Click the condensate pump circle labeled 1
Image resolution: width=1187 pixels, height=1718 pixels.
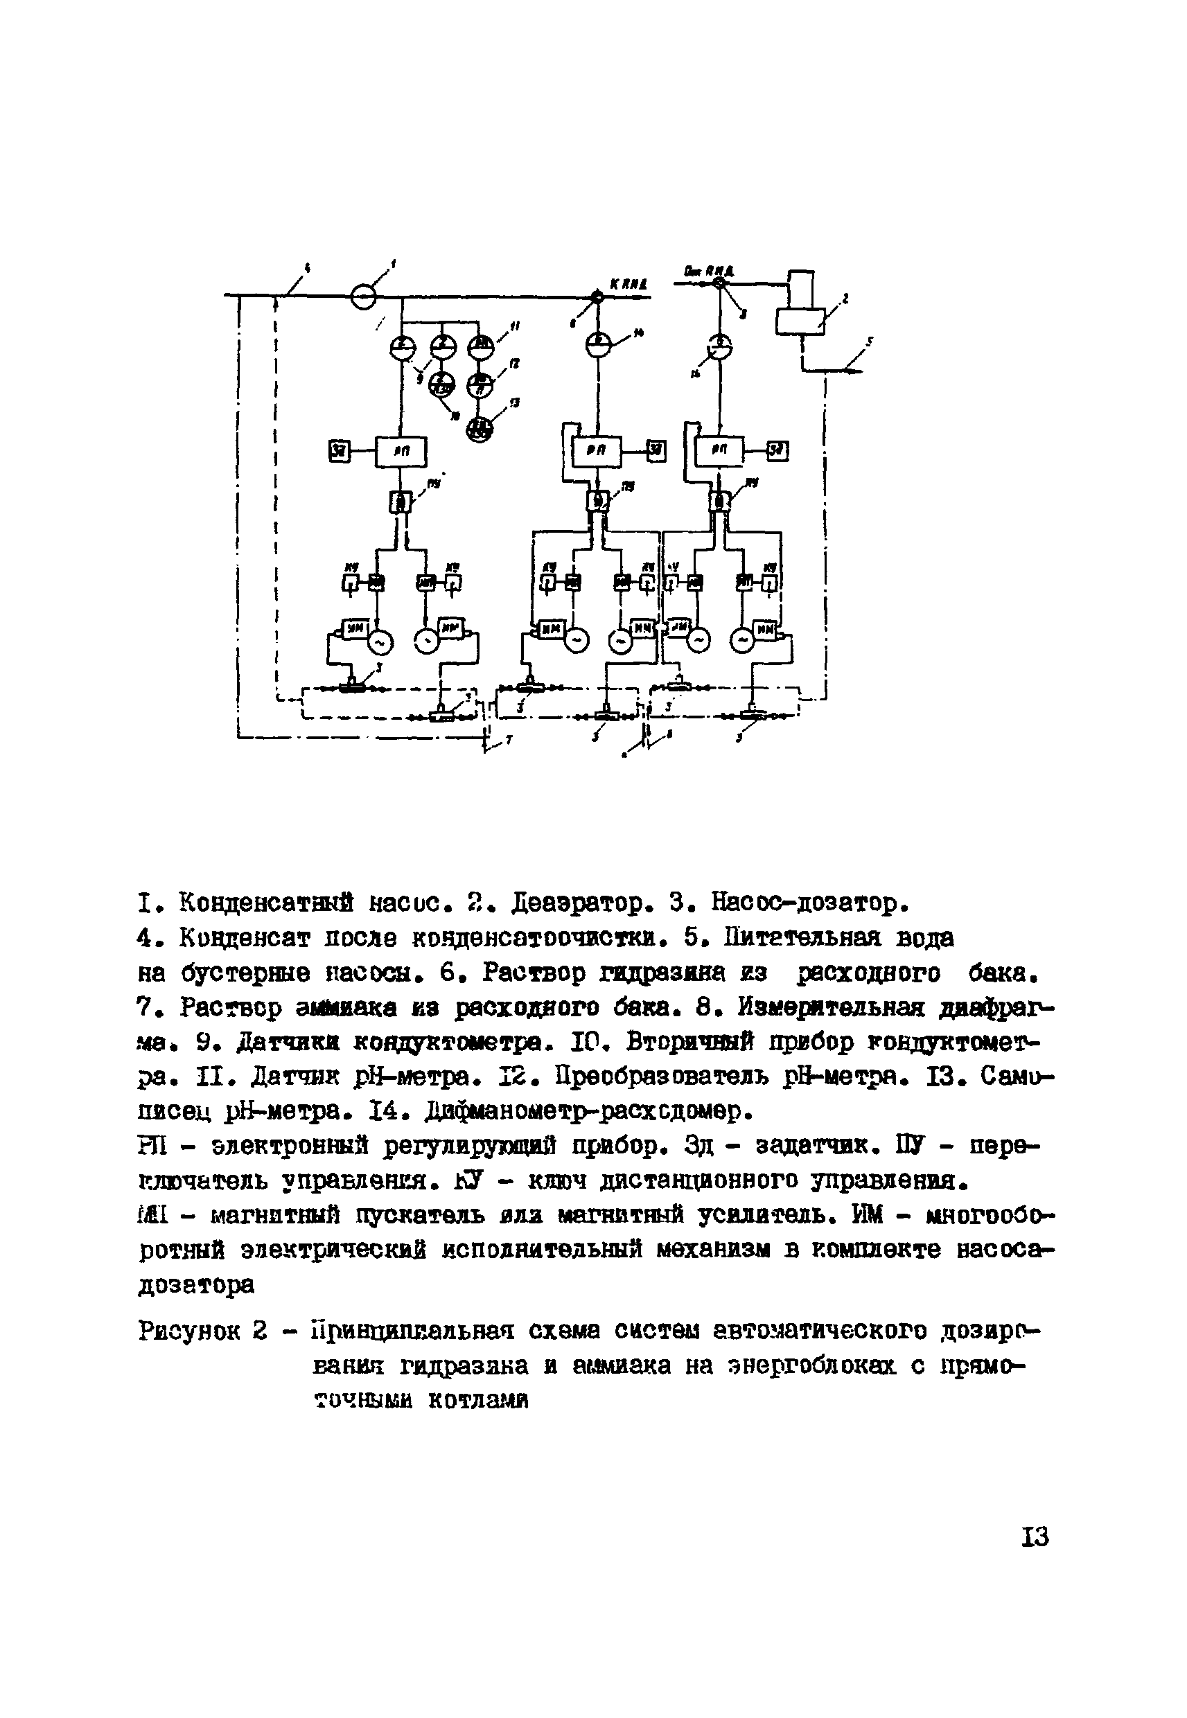(364, 297)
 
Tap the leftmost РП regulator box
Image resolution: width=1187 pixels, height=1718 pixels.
(401, 450)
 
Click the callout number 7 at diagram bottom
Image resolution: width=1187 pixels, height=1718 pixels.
(509, 741)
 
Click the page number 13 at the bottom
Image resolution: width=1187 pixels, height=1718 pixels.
(1035, 1534)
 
